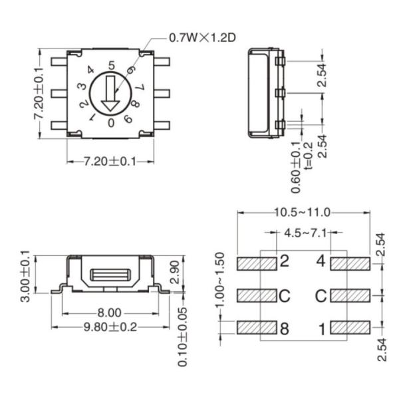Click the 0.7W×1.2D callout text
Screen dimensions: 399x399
pos(202,38)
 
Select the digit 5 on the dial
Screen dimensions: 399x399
pos(111,65)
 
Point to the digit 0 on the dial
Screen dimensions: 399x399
pos(111,122)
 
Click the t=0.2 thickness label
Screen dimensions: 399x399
pos(307,157)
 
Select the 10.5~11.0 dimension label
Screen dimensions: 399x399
pos(303,213)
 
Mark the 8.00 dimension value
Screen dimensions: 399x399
pos(110,313)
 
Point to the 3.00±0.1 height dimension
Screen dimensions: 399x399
pos(25,276)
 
